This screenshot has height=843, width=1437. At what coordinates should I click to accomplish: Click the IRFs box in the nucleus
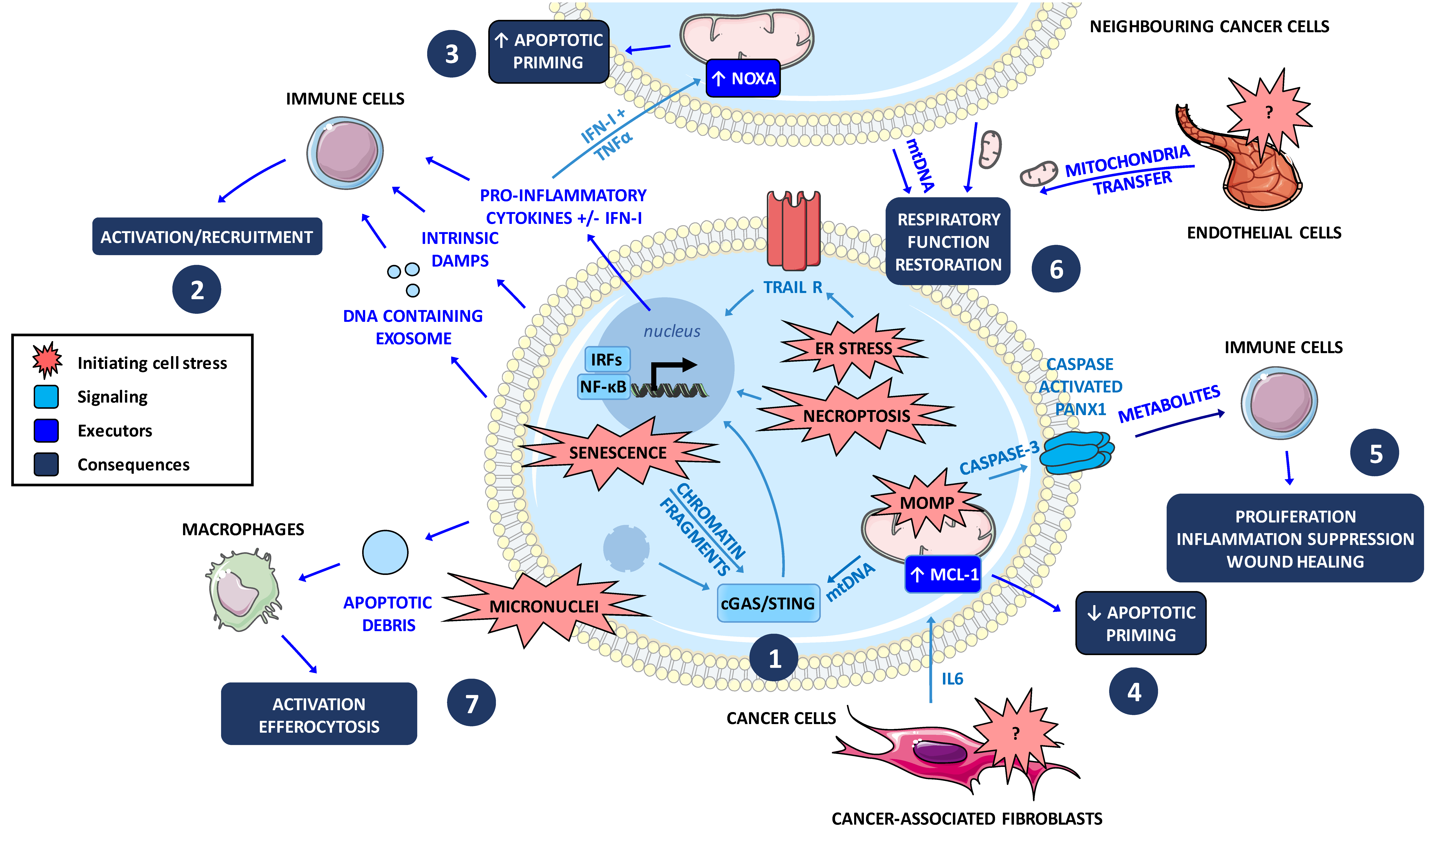(607, 360)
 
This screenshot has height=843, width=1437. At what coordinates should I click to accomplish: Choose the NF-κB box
(603, 387)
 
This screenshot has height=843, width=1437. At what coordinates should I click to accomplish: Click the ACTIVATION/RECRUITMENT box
(207, 237)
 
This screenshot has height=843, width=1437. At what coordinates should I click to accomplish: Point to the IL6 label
(952, 679)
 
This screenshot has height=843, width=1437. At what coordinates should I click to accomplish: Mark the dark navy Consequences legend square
(46, 464)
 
